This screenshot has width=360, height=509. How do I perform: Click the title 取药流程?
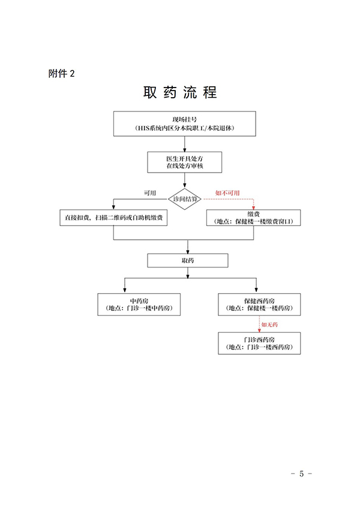[180, 93]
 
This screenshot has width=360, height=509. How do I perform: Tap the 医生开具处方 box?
[185, 161]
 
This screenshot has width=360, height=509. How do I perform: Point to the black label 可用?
[149, 192]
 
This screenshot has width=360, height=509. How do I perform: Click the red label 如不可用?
[227, 192]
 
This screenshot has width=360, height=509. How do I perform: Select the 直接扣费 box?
[113, 218]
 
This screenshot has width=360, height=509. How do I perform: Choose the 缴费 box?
[252, 218]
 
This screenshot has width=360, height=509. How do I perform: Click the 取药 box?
[188, 261]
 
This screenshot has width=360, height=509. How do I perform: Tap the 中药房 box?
[139, 304]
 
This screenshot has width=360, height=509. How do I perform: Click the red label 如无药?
[269, 324]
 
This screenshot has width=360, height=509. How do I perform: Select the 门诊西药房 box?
[260, 344]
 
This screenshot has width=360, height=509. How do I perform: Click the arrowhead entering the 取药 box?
[188, 251]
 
